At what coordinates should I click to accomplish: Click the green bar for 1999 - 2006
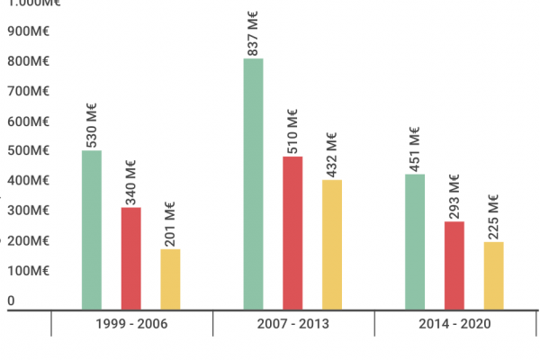coord(92,229)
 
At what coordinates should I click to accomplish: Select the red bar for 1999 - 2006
coord(131,258)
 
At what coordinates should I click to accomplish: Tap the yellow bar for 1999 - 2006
coord(170,279)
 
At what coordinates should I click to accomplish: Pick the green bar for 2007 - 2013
coord(253,184)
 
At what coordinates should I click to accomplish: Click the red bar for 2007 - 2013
coord(292,233)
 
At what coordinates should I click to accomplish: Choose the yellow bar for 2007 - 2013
coord(332,245)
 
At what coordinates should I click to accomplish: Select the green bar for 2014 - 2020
coord(415,241)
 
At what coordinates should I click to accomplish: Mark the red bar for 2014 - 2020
coord(454,265)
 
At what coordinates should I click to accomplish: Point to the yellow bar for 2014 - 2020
coord(494,275)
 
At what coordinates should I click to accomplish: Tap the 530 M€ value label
coord(92,126)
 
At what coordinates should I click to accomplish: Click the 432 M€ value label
coord(332,154)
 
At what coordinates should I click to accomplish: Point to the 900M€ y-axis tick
coord(27,31)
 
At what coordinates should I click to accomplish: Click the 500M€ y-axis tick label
coord(27,151)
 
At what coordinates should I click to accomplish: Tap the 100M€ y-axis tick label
coord(27,271)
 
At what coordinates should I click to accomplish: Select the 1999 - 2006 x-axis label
coord(131,324)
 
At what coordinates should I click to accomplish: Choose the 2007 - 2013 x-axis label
coord(292,324)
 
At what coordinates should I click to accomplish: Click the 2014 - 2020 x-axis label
coord(454,324)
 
